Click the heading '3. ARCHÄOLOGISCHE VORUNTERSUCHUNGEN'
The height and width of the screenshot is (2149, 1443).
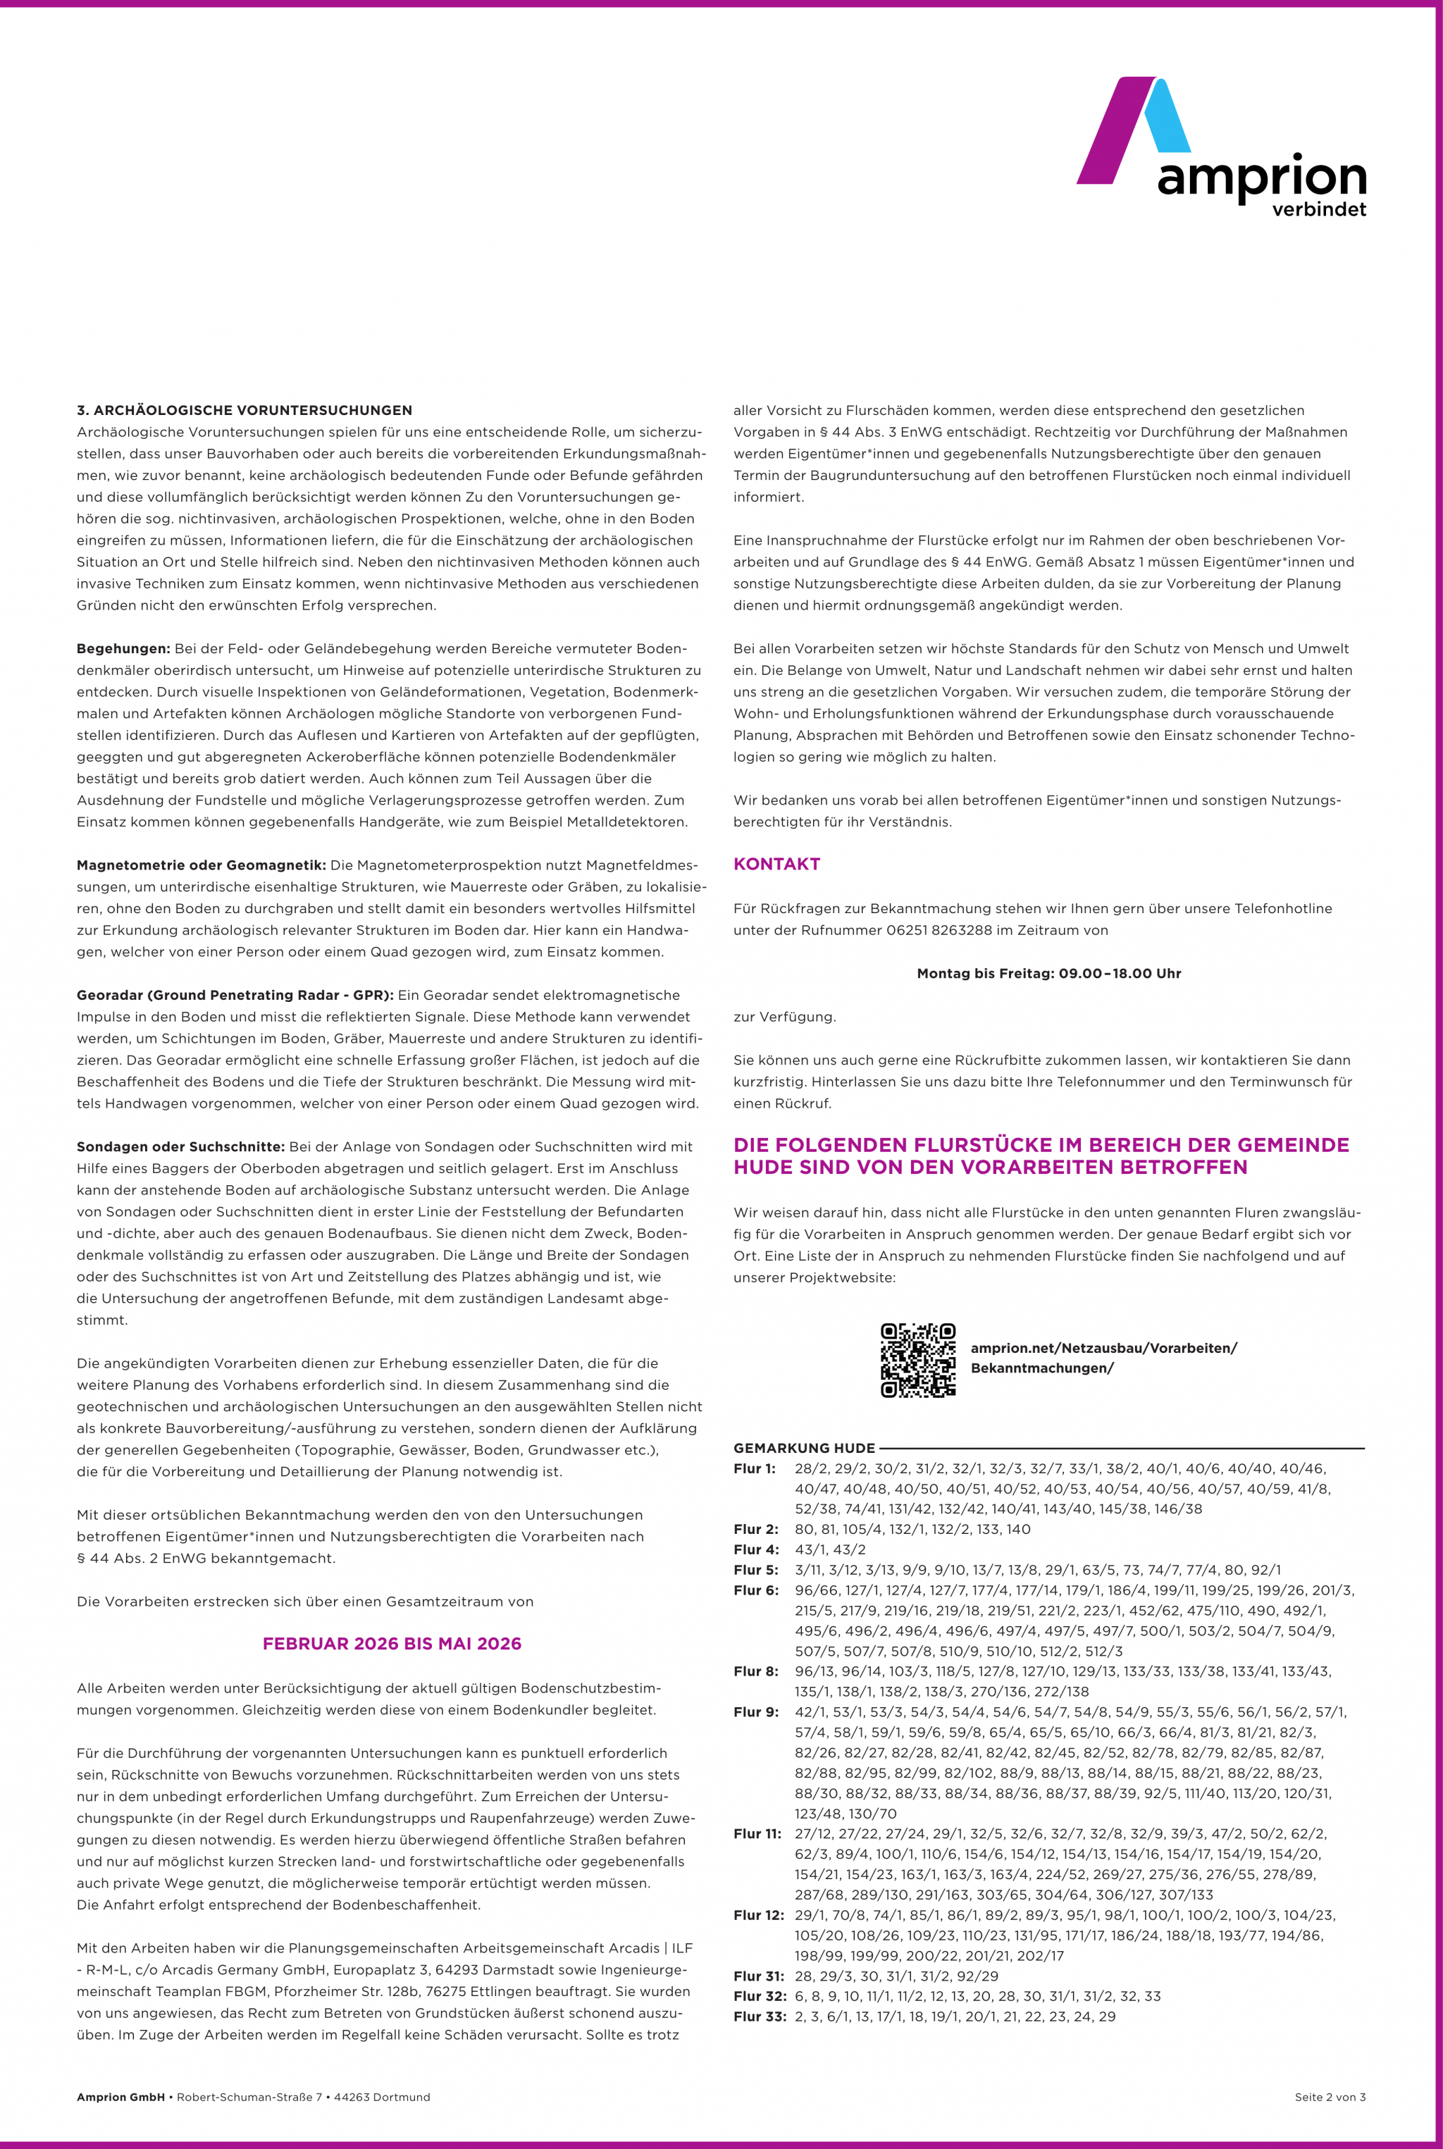244,411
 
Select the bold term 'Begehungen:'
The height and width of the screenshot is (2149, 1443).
123,649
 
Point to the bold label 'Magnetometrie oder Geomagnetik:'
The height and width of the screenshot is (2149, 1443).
201,865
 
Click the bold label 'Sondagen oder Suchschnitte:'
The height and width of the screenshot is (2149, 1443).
180,1147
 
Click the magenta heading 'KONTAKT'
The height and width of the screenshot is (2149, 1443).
776,865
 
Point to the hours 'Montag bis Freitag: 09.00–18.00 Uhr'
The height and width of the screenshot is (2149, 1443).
1048,974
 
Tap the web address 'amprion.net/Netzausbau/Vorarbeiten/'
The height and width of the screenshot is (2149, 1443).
1103,1349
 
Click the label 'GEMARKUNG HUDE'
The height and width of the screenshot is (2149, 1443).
803,1449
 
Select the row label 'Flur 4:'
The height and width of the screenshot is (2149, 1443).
755,1550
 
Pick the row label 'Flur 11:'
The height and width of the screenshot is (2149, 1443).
757,1834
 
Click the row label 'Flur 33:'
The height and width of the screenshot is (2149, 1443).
760,2017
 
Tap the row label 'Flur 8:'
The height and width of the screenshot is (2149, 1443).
755,1671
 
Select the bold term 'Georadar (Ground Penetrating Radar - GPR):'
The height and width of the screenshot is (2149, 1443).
235,995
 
